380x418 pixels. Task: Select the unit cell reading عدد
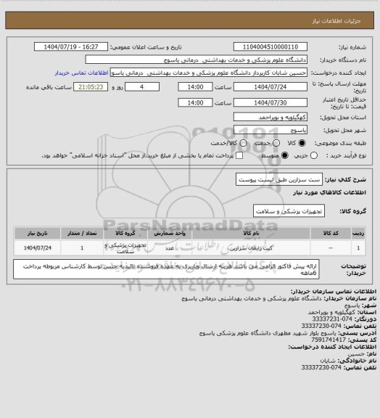(x=169, y=247)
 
